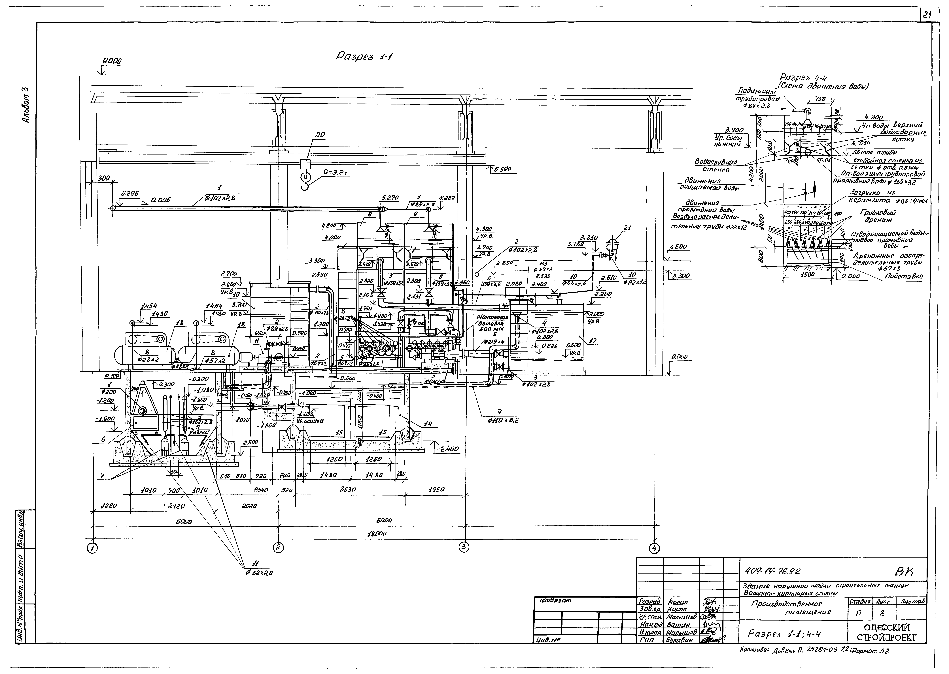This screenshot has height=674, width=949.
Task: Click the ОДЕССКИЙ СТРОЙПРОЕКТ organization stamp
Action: [886, 632]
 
